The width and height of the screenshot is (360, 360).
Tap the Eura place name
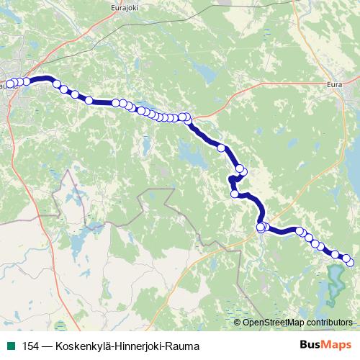[x=334, y=85]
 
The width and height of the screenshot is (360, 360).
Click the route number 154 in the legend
[x=32, y=346]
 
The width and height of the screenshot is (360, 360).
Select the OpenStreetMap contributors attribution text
[x=298, y=323]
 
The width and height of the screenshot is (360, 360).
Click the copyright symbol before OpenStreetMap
[x=238, y=323]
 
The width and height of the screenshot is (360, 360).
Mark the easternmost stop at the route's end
[x=351, y=262]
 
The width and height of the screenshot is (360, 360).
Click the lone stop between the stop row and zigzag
[x=221, y=148]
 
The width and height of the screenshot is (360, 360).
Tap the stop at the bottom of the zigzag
[x=234, y=193]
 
